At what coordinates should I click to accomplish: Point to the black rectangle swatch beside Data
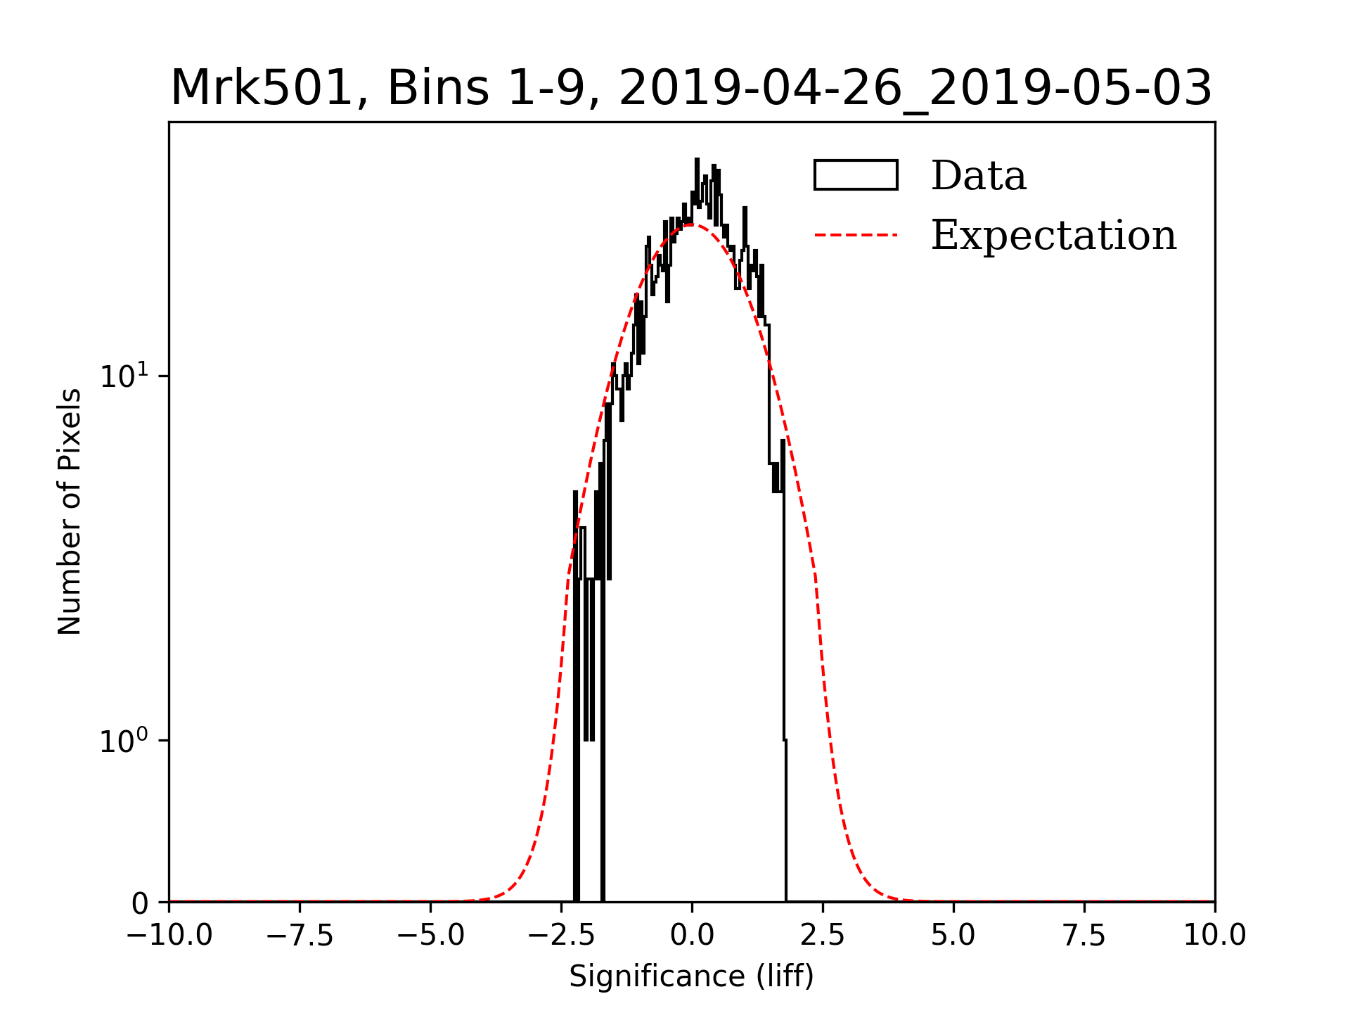click(856, 175)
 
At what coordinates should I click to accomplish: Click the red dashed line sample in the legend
click(856, 235)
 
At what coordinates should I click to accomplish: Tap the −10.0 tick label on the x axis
click(169, 936)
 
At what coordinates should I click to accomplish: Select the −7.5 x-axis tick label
click(300, 936)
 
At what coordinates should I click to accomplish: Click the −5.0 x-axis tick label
click(430, 936)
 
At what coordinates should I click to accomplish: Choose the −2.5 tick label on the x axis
click(561, 936)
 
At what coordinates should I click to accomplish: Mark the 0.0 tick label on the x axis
click(692, 936)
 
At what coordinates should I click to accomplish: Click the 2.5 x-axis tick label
click(823, 936)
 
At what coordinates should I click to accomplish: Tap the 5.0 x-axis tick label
click(953, 936)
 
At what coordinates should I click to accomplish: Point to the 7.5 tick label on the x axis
click(1084, 936)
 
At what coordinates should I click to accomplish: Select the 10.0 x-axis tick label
click(1215, 936)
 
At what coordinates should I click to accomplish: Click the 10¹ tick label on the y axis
click(124, 376)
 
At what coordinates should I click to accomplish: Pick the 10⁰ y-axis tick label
click(124, 741)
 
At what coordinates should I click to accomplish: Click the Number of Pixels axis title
click(70, 511)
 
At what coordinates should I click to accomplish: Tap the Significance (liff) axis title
click(692, 977)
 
